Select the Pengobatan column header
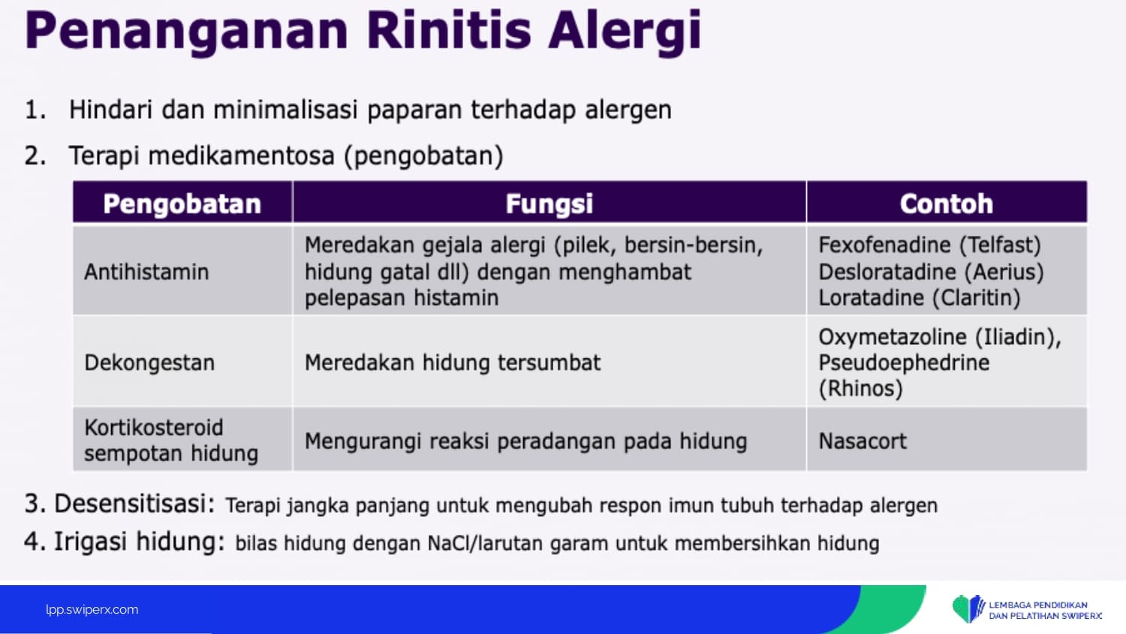182,204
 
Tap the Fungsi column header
549,204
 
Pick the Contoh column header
947,204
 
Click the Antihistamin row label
146,272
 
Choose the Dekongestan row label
149,363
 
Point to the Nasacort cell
863,441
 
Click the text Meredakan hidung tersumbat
453,362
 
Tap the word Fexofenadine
885,245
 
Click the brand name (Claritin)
976,298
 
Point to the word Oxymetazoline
893,337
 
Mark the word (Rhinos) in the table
860,389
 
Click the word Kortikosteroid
154,427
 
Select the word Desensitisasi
134,504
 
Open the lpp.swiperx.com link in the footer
92,610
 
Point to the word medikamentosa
241,155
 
